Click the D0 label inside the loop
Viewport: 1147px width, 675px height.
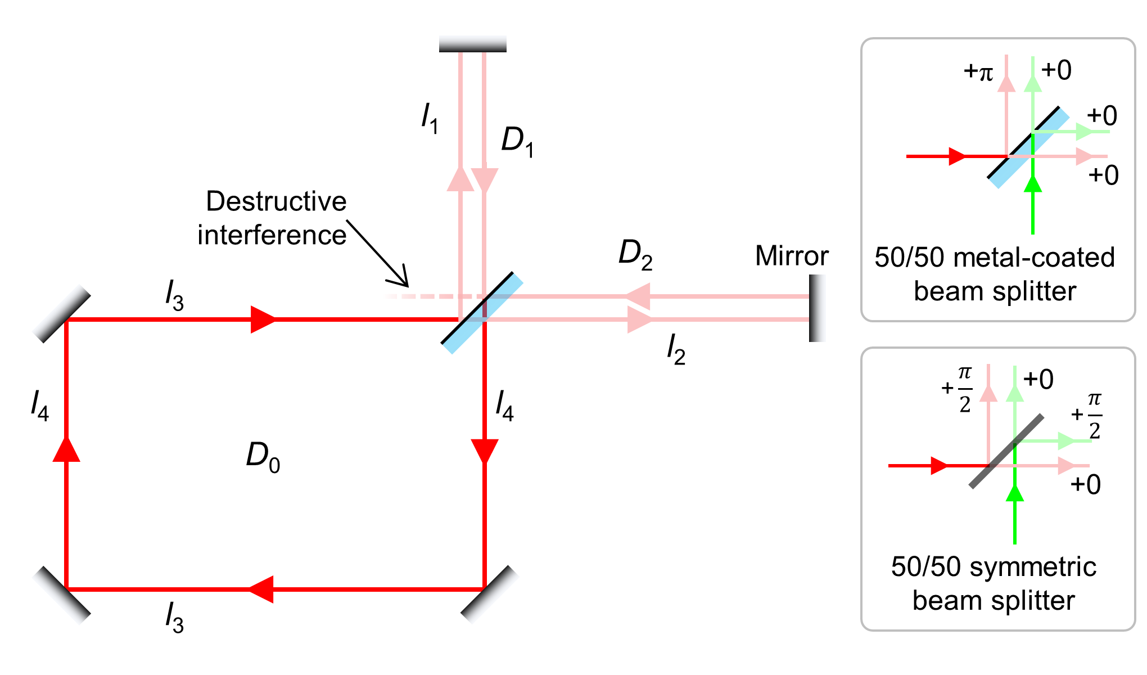coord(263,457)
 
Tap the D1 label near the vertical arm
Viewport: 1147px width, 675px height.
coord(517,141)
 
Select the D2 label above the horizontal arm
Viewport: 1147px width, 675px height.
coord(635,254)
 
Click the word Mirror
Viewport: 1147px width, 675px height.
coord(792,256)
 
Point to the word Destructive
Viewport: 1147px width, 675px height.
coord(276,201)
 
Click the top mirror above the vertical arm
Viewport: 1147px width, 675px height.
coord(472,44)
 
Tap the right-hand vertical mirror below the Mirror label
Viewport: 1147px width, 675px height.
coord(816,308)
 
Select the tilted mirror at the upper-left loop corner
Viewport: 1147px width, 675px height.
coord(62,314)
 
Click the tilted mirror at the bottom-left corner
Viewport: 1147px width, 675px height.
coord(62,595)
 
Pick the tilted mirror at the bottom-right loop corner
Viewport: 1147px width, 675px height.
coord(489,595)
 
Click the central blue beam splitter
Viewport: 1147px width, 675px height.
coord(482,313)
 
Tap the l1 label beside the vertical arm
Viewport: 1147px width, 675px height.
coord(430,118)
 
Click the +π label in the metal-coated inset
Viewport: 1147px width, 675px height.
coord(978,72)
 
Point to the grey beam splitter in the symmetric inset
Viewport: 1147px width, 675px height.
coord(1006,451)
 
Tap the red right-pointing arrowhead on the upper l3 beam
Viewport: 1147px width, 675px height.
coord(263,319)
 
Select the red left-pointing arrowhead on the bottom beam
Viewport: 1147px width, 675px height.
coord(261,589)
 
